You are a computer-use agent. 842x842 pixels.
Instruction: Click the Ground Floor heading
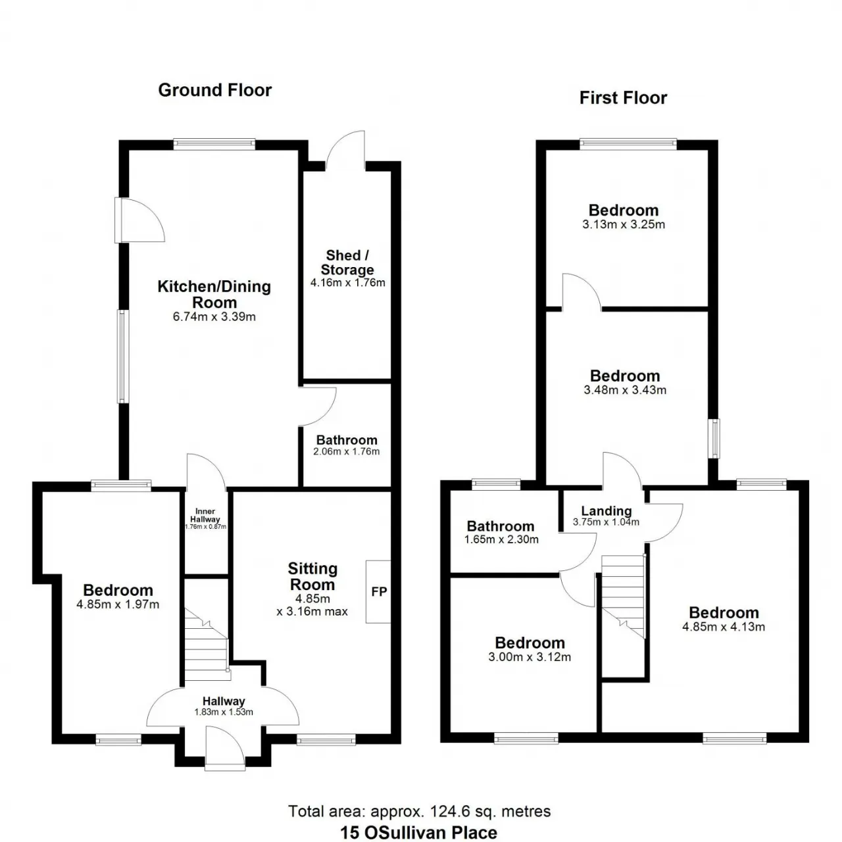pos(214,90)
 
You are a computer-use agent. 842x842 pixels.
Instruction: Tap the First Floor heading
pos(623,98)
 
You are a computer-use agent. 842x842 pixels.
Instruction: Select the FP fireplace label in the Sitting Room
pos(379,591)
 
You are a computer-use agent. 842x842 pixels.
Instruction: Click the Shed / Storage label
pos(347,262)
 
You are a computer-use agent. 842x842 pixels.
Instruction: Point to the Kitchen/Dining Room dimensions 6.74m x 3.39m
pos(214,316)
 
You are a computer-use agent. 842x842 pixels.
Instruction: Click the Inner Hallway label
pos(205,515)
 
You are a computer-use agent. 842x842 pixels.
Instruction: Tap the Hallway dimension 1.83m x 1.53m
pos(224,712)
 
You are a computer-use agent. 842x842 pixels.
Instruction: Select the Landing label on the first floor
pos(606,511)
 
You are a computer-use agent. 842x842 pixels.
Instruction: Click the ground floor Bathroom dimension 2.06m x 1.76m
pos(346,451)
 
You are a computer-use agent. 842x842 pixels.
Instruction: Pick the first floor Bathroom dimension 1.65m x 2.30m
pos(501,539)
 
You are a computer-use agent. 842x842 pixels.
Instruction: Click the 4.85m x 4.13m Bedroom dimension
pos(724,627)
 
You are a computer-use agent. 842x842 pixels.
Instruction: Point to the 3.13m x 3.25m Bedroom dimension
pos(624,224)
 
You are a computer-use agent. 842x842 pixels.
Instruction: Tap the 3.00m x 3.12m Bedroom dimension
pos(530,657)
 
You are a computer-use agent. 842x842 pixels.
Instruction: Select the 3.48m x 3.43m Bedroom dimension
pos(625,390)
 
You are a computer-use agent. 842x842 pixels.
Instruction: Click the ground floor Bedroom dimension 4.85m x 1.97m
pos(118,605)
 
